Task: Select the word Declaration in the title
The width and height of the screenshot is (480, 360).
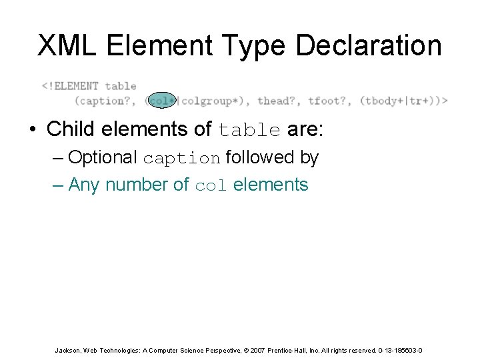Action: (x=368, y=45)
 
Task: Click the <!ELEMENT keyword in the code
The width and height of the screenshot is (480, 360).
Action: (x=70, y=86)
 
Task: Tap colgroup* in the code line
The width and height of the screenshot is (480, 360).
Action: (x=209, y=101)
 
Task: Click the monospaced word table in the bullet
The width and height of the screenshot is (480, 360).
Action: (x=250, y=129)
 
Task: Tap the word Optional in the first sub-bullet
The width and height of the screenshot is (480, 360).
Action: (x=103, y=158)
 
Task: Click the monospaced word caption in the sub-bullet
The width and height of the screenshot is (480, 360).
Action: (x=181, y=159)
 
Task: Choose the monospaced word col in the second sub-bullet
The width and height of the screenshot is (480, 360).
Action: (x=211, y=185)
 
